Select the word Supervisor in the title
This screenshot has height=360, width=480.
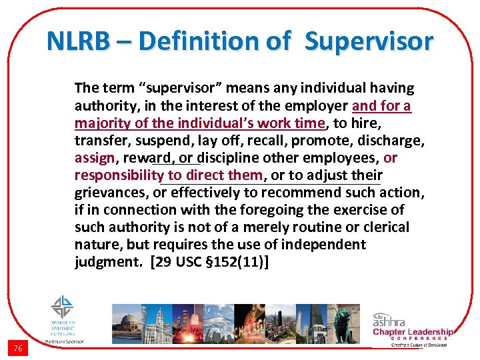click(x=369, y=42)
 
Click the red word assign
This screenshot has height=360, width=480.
click(x=95, y=158)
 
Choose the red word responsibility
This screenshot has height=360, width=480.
click(x=119, y=175)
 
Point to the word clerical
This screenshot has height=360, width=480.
click(x=385, y=227)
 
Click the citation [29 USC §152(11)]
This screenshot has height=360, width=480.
click(x=211, y=262)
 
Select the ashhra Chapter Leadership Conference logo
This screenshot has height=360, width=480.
click(x=412, y=327)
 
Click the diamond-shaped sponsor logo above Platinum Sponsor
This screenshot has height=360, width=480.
click(x=63, y=308)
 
